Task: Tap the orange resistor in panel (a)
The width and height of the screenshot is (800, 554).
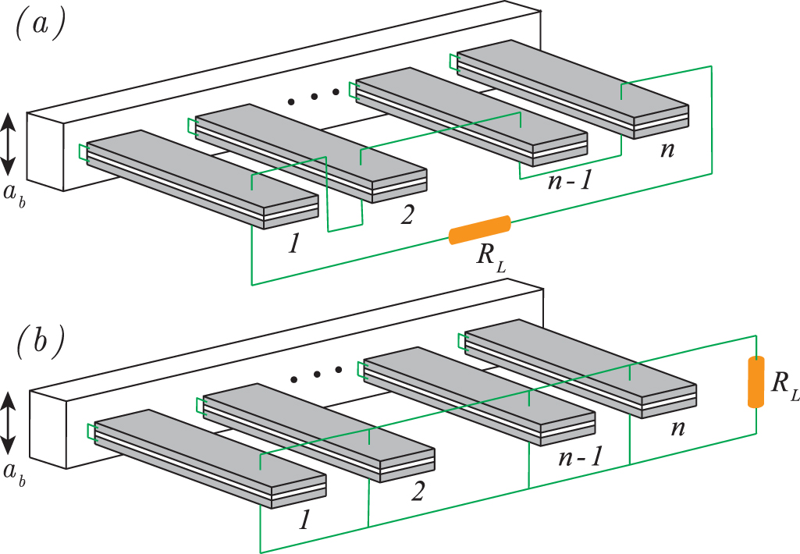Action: (x=480, y=230)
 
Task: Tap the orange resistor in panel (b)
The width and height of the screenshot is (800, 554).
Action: (x=755, y=382)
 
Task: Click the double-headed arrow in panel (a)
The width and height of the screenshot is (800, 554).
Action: (x=8, y=144)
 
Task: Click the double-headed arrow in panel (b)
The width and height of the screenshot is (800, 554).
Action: (x=8, y=424)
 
